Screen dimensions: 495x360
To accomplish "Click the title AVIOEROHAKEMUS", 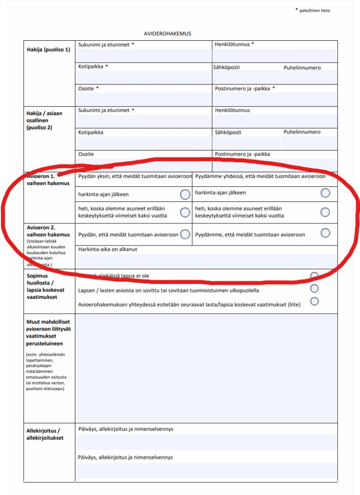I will point(167,34).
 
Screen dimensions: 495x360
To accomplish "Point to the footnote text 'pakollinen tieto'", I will point(315,10).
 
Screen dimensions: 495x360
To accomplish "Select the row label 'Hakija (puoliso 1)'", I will point(48,50).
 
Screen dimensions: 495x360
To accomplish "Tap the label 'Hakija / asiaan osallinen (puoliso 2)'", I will point(45,120).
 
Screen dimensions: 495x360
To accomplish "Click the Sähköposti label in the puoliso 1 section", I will point(226,67).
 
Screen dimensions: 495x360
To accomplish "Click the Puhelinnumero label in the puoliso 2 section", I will point(302,132).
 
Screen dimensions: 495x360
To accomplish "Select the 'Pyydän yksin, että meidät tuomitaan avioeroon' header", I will point(135,177).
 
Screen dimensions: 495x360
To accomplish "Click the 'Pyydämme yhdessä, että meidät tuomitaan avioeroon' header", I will point(260,177).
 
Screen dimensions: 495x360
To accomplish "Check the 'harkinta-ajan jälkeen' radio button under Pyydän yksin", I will point(185,194).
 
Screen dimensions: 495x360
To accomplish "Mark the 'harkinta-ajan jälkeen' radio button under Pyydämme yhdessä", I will point(325,193).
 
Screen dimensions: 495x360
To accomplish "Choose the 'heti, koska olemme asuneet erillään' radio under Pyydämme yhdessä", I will point(325,212).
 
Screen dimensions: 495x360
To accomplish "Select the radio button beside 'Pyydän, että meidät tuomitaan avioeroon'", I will point(185,234).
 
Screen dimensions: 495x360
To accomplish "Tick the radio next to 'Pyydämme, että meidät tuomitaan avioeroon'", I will point(325,233).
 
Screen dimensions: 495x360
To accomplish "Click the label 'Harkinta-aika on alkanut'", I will point(108,249).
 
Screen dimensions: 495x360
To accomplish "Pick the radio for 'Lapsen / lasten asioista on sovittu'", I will point(315,288).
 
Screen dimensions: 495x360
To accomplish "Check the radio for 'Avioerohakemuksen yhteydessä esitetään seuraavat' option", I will point(315,301).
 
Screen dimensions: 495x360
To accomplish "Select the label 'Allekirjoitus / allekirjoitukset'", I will point(43,434).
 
